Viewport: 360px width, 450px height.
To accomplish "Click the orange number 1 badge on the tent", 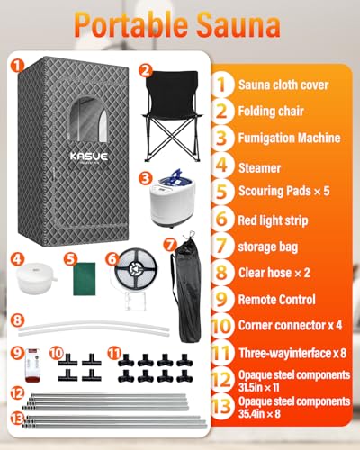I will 17,66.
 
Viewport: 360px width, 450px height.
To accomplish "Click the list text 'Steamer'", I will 259,166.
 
